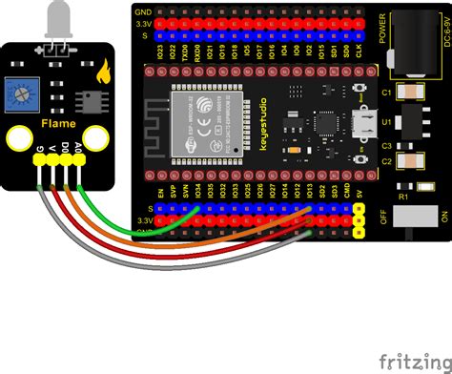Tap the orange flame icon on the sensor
click(x=101, y=70)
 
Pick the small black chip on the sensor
click(x=89, y=99)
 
